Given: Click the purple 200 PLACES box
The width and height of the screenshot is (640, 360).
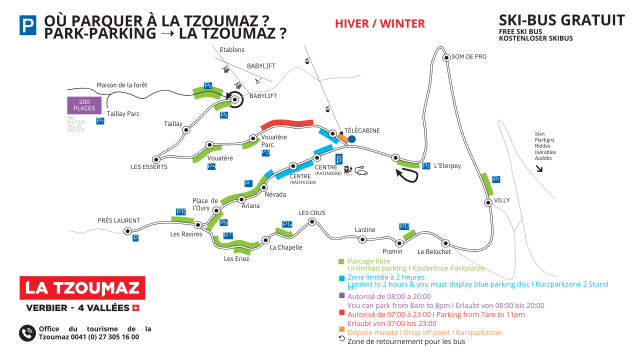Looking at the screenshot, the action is [84, 104].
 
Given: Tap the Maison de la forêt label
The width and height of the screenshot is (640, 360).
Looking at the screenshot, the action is [120, 85].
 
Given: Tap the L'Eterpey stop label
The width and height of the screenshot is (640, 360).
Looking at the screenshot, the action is [449, 166].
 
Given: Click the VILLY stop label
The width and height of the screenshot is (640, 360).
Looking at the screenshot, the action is [502, 201].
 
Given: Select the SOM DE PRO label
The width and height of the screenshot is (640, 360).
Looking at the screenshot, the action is [468, 57].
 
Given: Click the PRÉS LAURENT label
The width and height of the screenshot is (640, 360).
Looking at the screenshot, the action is [119, 220].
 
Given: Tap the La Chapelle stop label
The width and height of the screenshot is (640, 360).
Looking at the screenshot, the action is [286, 247].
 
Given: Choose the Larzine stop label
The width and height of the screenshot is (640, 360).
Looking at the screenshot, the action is [365, 230].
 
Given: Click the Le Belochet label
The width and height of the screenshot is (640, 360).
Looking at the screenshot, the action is [435, 252].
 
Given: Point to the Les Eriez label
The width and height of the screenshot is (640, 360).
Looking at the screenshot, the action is [236, 259].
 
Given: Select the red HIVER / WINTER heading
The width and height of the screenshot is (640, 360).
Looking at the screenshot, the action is [366, 23].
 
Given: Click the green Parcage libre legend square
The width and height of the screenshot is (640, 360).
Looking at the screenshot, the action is [341, 260].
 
